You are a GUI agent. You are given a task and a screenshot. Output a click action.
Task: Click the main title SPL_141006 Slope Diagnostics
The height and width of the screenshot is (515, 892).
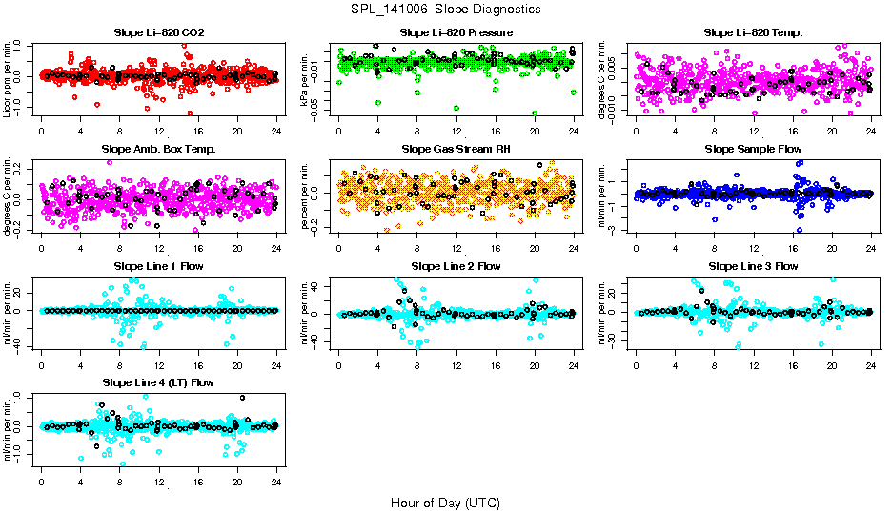(445, 9)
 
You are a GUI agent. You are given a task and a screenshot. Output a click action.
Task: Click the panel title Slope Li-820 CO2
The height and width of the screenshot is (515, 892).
(158, 32)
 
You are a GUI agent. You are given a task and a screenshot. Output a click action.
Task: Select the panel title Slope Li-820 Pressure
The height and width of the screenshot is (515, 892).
(456, 32)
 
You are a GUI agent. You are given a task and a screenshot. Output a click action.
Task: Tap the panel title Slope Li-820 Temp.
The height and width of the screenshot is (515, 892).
(753, 32)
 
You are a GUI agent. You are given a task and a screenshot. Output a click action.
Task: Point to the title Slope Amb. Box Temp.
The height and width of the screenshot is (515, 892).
(158, 149)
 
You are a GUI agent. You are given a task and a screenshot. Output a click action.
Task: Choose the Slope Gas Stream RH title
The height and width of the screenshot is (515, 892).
(456, 149)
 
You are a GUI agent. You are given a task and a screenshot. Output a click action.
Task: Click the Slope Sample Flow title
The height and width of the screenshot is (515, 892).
(753, 149)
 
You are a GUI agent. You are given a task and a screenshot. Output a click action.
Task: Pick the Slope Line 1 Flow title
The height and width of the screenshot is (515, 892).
(158, 266)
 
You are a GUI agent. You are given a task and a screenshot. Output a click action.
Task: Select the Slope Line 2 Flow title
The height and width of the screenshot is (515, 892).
(456, 266)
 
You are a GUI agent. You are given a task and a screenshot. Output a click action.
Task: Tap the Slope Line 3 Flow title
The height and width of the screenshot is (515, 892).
(753, 266)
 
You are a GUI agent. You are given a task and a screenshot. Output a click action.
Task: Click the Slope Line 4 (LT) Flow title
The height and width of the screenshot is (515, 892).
(158, 382)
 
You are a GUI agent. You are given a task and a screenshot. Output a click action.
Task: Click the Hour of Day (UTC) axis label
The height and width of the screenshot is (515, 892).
(445, 502)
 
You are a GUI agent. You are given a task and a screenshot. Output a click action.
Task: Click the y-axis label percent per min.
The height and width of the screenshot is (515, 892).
(306, 194)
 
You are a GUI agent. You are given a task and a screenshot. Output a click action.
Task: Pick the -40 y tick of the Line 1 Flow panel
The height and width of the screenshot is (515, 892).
(19, 345)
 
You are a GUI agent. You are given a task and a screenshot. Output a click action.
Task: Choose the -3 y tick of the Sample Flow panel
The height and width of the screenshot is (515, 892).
(616, 230)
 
